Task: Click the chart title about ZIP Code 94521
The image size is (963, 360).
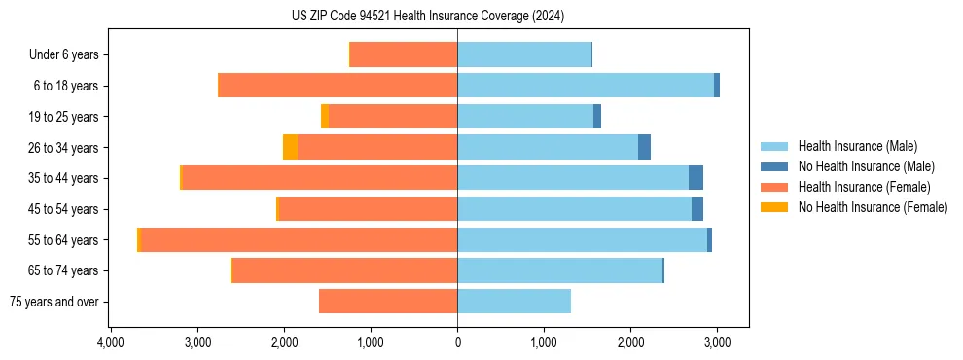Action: (x=428, y=16)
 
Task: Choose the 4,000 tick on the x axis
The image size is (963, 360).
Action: (x=111, y=342)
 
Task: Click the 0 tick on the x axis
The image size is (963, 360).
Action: (x=457, y=342)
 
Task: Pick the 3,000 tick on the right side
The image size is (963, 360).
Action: (x=717, y=342)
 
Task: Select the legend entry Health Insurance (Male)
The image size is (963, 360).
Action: (x=857, y=146)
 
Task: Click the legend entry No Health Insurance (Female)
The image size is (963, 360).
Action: (x=873, y=207)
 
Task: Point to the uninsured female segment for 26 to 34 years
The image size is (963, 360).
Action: (x=290, y=147)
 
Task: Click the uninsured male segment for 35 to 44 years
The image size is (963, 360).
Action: (x=695, y=178)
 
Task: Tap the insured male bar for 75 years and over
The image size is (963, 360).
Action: (x=514, y=302)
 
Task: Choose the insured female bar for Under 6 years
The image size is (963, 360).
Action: (x=404, y=54)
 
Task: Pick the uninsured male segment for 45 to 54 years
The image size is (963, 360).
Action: (x=697, y=209)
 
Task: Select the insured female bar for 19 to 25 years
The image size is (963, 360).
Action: (x=393, y=117)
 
